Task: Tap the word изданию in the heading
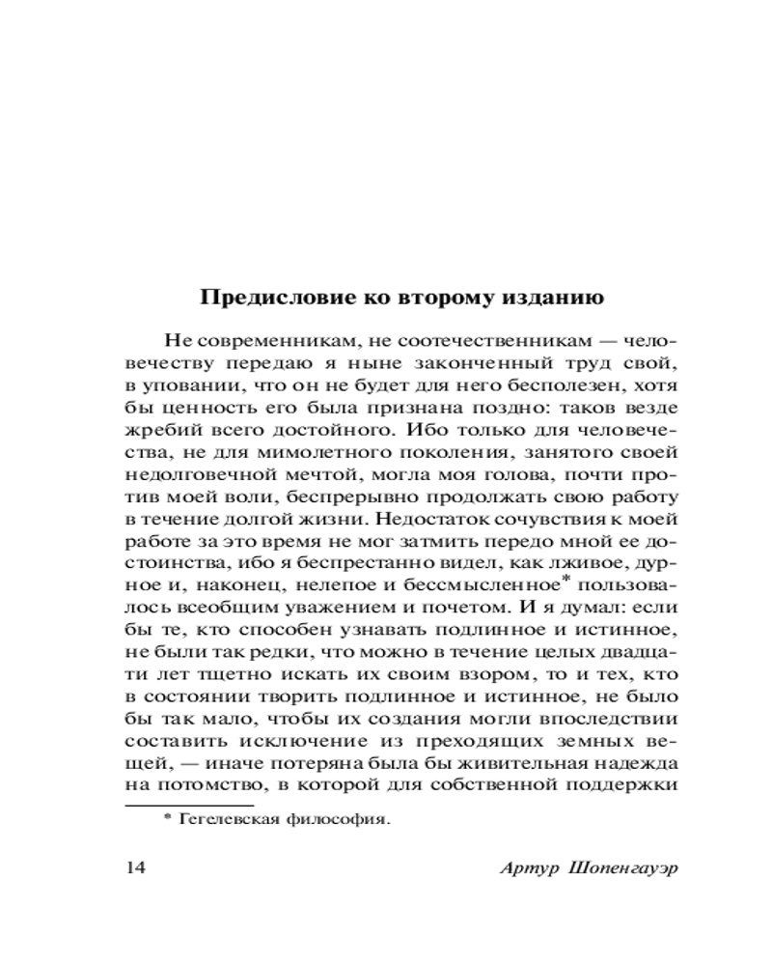tap(548, 298)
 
